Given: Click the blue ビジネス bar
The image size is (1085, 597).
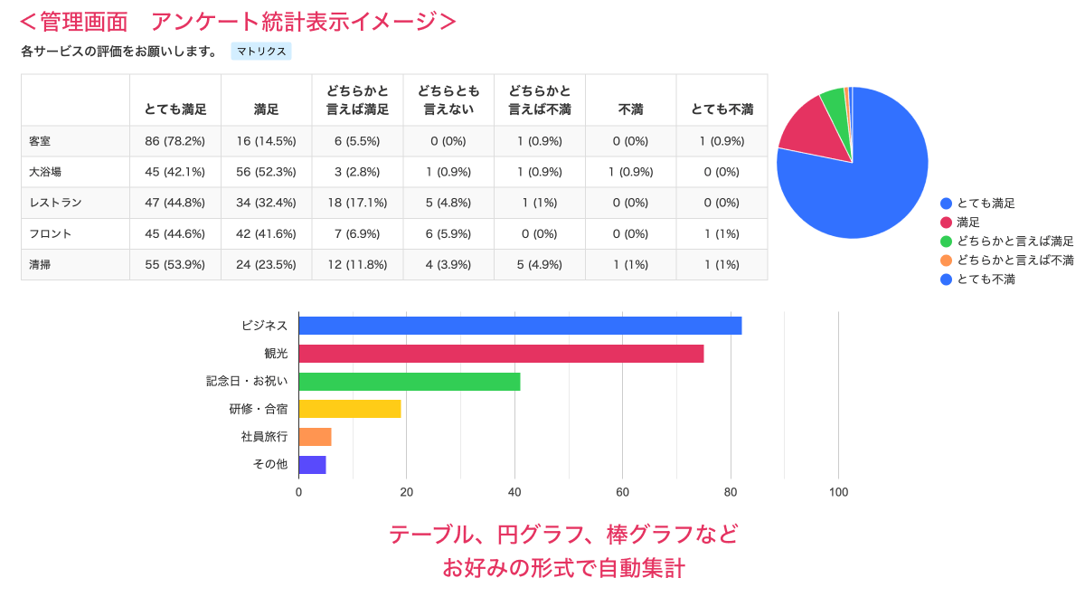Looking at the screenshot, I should (520, 326).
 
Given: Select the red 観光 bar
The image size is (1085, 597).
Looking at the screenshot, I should (501, 354).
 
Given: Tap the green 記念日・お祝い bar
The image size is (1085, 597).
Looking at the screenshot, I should (409, 382).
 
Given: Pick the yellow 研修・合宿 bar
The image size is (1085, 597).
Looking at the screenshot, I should (349, 409).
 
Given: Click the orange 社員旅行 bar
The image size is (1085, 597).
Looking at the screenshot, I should (315, 437).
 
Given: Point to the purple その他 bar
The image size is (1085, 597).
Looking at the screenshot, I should (312, 465).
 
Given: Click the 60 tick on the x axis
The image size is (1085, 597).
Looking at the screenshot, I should (622, 492).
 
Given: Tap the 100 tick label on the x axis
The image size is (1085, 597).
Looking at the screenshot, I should (838, 492).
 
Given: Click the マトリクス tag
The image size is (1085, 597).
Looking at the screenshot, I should (261, 52).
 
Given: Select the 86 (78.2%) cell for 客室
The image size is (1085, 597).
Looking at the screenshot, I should (175, 141).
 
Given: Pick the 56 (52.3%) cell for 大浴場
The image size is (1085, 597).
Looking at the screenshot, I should (266, 172).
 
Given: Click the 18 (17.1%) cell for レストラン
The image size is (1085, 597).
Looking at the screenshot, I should (357, 203).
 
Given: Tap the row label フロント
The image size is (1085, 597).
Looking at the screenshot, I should (51, 233).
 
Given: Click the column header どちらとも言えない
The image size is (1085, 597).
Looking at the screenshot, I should (448, 100).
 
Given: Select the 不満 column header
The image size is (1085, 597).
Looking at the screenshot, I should (630, 109).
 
